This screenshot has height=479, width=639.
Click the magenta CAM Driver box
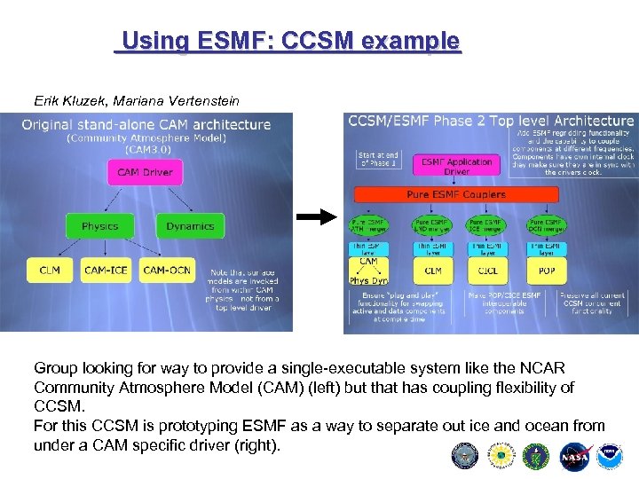coord(145,172)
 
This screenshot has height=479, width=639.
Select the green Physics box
coord(99,226)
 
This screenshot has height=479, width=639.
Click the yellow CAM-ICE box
coord(106,270)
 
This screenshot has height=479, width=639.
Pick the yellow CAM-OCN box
coord(166,270)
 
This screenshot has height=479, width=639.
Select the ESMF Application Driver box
coord(457,166)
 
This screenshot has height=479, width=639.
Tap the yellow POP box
coord(547,271)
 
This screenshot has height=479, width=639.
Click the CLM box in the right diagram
coord(433,271)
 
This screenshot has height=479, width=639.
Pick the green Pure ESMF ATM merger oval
coord(369,224)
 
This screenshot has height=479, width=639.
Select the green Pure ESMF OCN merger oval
coord(547,224)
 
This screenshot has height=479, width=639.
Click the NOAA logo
coord(610,455)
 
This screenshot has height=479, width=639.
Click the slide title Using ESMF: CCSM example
coord(291,41)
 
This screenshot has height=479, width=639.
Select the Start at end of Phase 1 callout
coord(379,160)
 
